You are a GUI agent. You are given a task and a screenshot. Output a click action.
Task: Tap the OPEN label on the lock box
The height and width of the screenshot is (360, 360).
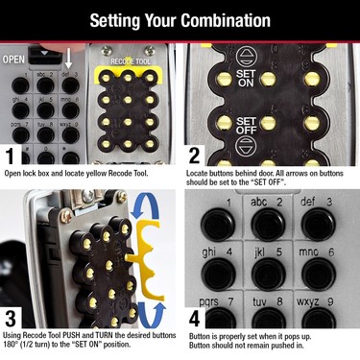(15, 58)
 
